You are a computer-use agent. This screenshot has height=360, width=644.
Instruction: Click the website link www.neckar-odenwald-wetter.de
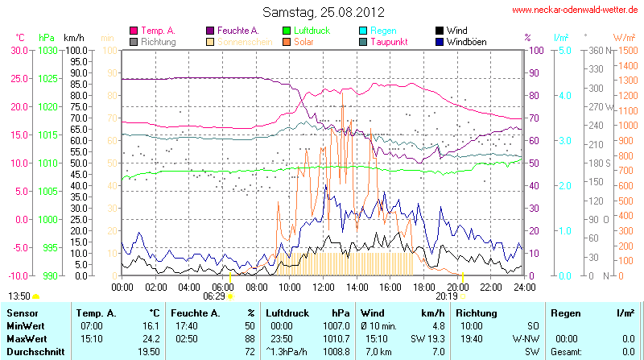575,10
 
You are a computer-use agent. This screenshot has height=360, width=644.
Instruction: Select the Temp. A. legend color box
134,31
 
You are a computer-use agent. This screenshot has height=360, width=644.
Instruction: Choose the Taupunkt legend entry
389,41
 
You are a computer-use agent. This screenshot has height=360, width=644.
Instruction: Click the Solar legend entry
303,41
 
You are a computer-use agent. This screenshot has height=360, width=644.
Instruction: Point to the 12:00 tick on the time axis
323,286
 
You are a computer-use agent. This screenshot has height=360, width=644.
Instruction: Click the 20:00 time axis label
457,286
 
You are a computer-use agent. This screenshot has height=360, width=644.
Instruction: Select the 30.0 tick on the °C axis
19,50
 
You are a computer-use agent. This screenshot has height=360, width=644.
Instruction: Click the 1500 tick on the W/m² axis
625,50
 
